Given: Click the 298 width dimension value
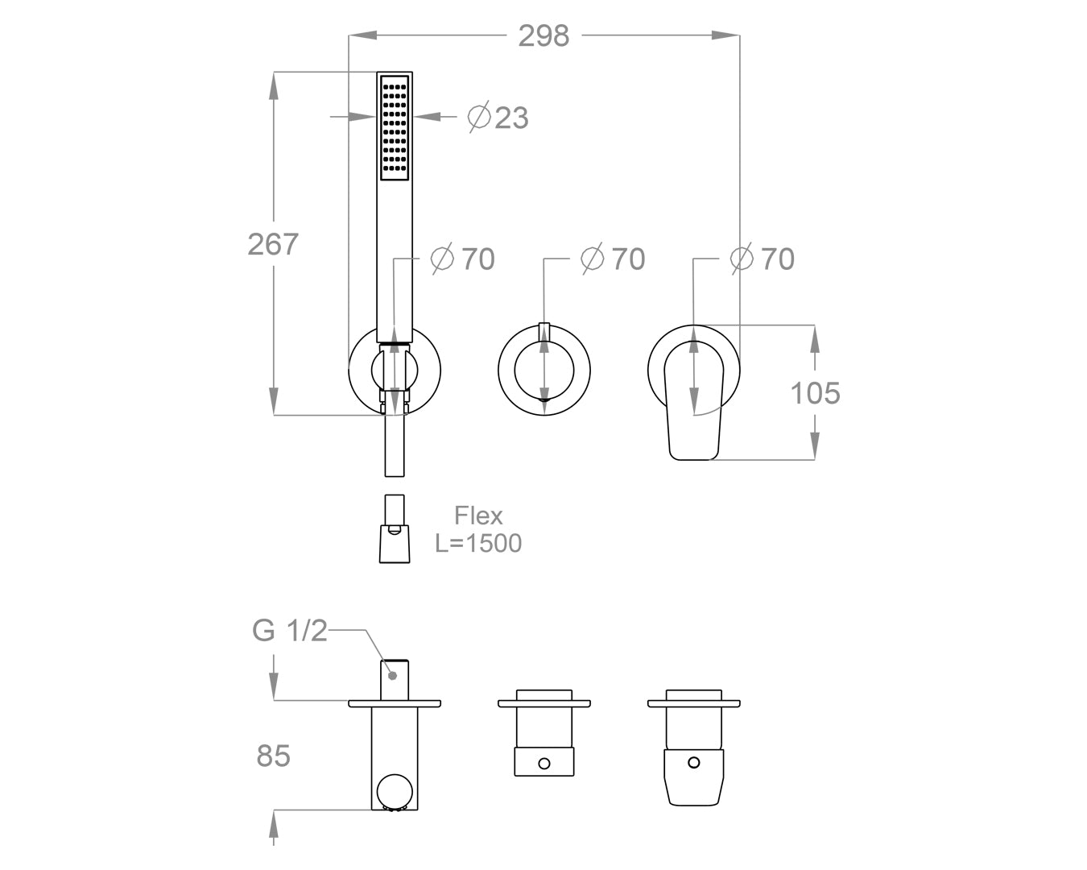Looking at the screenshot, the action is (543, 36).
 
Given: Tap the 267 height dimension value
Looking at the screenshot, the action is (273, 244).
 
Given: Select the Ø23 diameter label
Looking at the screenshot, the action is (498, 118).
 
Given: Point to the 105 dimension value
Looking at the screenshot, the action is (815, 393).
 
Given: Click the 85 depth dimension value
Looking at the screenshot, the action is (273, 756).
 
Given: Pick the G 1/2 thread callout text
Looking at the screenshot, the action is (290, 631).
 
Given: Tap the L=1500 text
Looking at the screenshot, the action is (478, 544).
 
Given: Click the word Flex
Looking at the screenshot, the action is (478, 516).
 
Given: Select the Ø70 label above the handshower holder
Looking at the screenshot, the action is (463, 259).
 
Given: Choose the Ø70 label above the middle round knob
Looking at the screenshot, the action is (613, 259).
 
